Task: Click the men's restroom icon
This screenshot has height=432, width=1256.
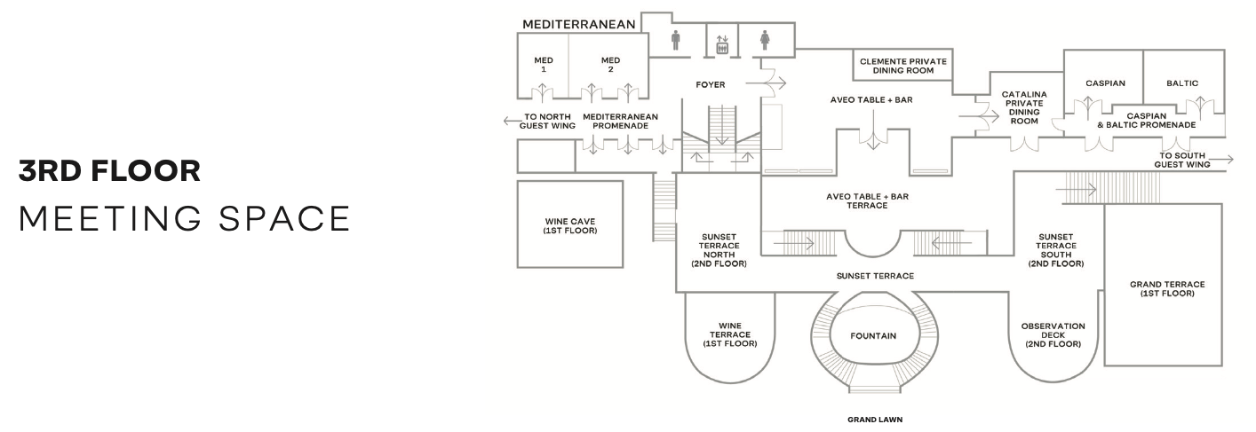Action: tap(676, 40)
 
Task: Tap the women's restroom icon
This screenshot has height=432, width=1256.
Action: tap(765, 40)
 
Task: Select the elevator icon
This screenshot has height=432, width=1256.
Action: tap(722, 45)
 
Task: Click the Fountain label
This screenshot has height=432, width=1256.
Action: tap(873, 336)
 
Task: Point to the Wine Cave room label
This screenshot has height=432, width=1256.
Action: tap(569, 226)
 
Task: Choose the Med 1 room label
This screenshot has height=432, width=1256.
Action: tap(544, 65)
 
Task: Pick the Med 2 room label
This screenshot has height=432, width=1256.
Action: tap(610, 65)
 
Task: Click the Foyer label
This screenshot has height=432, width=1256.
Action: tap(711, 84)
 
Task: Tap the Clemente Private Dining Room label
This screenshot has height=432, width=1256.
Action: tap(902, 66)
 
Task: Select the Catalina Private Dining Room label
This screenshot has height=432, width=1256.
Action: tap(1024, 107)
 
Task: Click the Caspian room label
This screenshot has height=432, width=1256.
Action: tap(1105, 82)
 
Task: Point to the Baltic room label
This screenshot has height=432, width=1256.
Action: tap(1182, 82)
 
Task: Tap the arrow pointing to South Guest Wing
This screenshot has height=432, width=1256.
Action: tap(1220, 159)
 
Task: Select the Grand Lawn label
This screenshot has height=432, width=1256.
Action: tap(875, 419)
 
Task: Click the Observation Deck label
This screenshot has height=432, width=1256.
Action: tap(1053, 335)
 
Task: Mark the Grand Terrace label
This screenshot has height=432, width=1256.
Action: tap(1167, 288)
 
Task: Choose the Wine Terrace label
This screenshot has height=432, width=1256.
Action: tap(730, 334)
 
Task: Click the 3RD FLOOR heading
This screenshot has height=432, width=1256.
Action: tap(109, 171)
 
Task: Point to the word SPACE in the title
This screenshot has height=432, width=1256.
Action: tap(284, 218)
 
